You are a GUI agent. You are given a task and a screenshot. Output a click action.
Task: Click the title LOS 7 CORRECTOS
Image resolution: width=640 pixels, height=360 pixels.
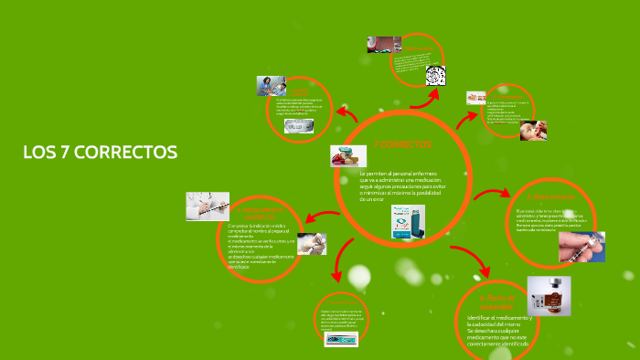coord(101,152)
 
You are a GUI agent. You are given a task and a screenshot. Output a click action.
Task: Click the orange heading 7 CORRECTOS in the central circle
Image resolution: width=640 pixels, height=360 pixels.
coord(401,144)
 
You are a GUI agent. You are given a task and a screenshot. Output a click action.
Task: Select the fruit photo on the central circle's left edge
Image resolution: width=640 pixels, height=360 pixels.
coord(347,155)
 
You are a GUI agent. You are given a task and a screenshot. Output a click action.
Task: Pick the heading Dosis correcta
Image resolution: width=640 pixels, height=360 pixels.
coord(550,197)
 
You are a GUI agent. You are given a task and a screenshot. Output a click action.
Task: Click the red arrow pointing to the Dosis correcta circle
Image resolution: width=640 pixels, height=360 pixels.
coord(494,195)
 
